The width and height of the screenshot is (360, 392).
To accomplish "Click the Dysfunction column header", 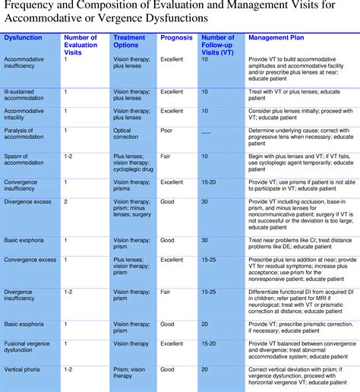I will pos(23,37).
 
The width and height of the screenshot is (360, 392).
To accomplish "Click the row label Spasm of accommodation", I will pos(25,160).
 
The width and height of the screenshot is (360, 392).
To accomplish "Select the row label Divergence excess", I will pos(28,202).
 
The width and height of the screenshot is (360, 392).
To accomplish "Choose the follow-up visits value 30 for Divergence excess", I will pos(205,202).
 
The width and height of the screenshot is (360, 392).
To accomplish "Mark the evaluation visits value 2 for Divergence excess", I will pos(66,202).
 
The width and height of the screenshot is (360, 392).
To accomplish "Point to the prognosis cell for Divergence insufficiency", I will pos(167,291).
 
